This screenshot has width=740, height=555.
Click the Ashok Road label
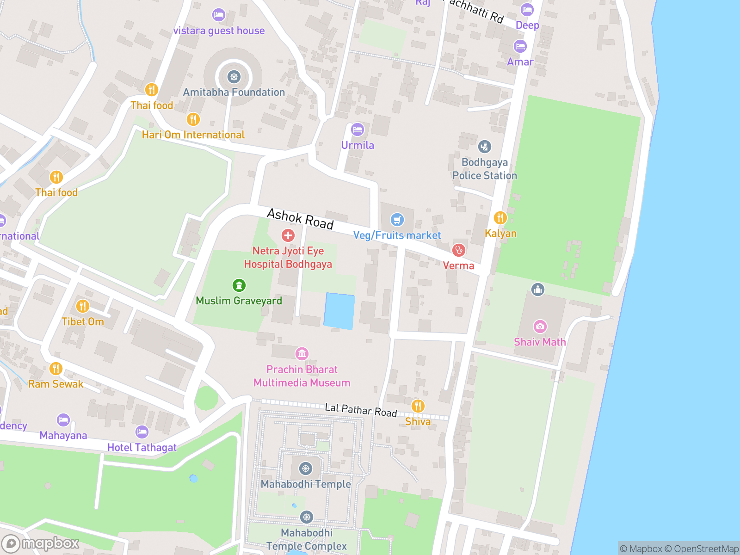(x=301, y=219)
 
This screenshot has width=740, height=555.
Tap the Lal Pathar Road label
(x=361, y=410)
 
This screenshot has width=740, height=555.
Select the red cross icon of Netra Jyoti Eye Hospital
(x=288, y=235)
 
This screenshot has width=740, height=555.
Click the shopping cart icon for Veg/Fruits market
(x=397, y=220)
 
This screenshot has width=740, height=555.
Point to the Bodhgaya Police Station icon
(x=484, y=147)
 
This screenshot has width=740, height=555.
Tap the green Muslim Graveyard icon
(x=239, y=285)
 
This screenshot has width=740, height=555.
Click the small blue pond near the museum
(x=339, y=311)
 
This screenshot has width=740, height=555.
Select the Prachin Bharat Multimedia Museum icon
(x=302, y=354)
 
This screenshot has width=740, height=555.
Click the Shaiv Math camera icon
(x=540, y=327)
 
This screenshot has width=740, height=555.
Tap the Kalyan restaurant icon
(x=500, y=217)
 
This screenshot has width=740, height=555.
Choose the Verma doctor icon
(x=458, y=250)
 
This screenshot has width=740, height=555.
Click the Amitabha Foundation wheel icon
(x=234, y=77)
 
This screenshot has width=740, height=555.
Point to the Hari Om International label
(x=193, y=135)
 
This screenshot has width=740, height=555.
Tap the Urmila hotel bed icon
(x=357, y=129)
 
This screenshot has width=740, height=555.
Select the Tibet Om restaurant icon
(x=82, y=306)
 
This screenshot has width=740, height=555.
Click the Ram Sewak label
(x=55, y=384)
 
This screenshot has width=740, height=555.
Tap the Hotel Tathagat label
(x=142, y=447)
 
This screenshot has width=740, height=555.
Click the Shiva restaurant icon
(x=418, y=406)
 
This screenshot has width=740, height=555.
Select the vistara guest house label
(x=219, y=31)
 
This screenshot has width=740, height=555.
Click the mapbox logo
(x=41, y=543)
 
